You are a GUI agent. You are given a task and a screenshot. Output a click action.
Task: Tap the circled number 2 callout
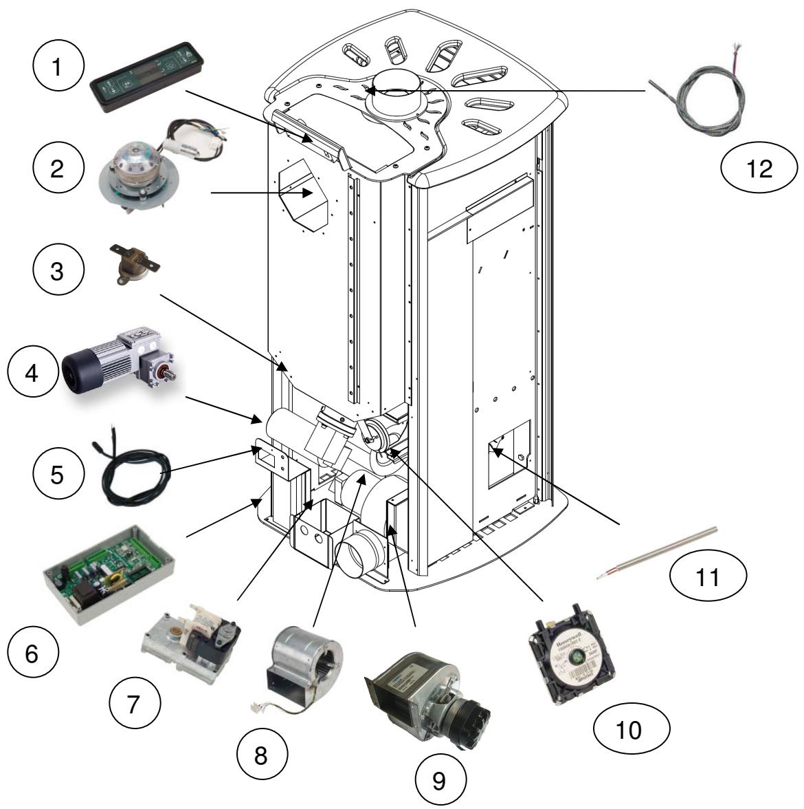tap(58, 169)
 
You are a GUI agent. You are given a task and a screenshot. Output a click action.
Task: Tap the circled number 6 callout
tap(32, 654)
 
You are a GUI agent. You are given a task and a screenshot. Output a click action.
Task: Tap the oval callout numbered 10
tap(629, 729)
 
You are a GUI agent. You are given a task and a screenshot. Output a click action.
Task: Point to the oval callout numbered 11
tap(708, 578)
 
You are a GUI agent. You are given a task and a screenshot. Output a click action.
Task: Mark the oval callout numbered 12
tap(759, 169)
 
